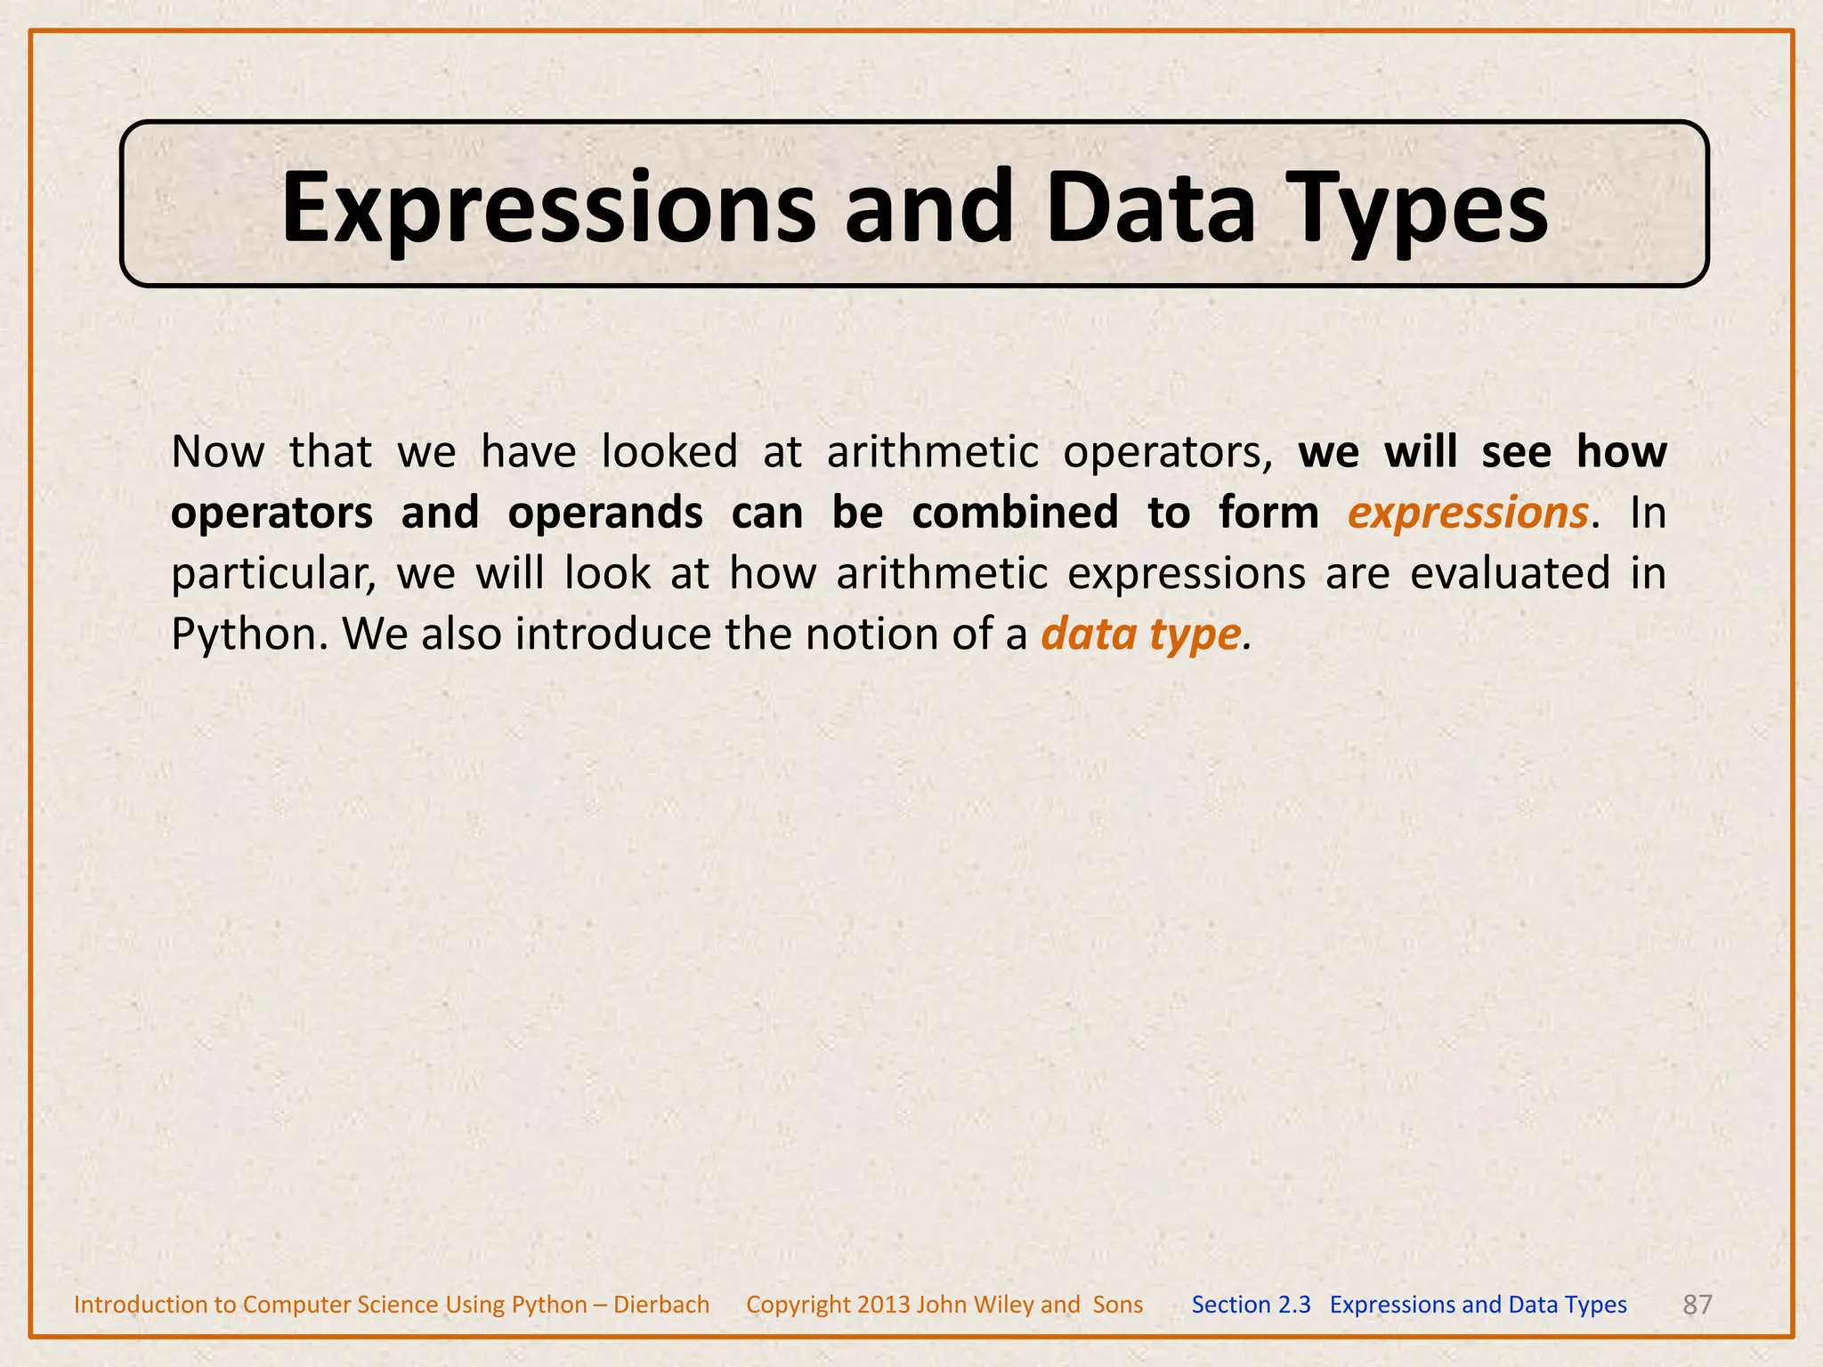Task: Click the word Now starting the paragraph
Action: pos(217,451)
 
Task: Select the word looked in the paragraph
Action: pos(669,451)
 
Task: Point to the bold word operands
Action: pos(605,513)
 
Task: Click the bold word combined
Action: pos(1015,513)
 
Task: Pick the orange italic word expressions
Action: pos(1468,514)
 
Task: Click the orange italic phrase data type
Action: pos(1140,635)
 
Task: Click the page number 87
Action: pos(1697,1305)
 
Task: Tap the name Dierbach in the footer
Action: pos(661,1305)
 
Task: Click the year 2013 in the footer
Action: pos(883,1305)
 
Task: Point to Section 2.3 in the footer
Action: pos(1251,1305)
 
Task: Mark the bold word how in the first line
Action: pos(1622,451)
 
